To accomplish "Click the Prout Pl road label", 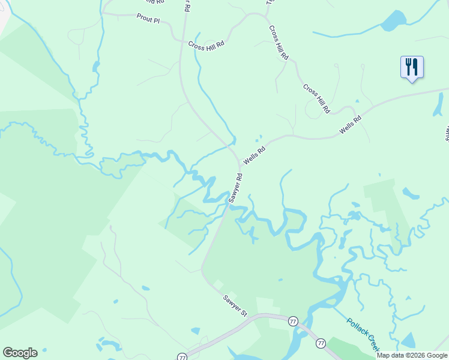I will pyautogui.click(x=148, y=20).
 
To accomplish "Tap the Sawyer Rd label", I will pyautogui.click(x=236, y=188).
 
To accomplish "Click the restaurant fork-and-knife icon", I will pyautogui.click(x=412, y=67).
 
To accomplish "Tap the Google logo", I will pyautogui.click(x=20, y=353).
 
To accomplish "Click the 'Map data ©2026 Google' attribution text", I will pyautogui.click(x=412, y=355).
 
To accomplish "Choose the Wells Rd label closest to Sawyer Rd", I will pyautogui.click(x=253, y=156).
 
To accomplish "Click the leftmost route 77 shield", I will pyautogui.click(x=182, y=356).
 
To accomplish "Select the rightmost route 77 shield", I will pyautogui.click(x=321, y=343).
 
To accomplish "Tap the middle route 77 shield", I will pyautogui.click(x=293, y=321).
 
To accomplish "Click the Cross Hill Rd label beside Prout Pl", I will pyautogui.click(x=205, y=45).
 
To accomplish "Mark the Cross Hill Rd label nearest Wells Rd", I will pyautogui.click(x=316, y=98).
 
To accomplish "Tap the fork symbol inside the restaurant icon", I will pyautogui.click(x=408, y=66).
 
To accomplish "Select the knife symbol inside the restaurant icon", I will pyautogui.click(x=415, y=66).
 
